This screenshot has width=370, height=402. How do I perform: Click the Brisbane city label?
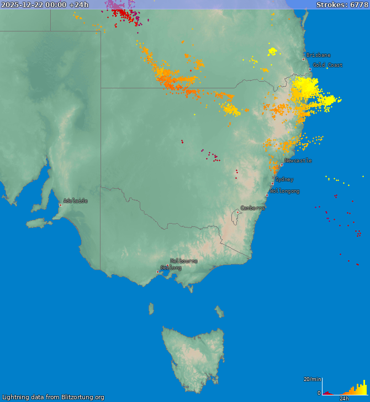click(x=319, y=55)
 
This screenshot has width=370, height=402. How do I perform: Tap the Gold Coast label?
click(x=327, y=65)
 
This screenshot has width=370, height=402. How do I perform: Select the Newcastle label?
click(x=298, y=161)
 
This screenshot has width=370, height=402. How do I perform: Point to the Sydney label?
click(x=284, y=179)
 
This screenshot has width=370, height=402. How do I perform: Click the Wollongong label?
click(x=285, y=191)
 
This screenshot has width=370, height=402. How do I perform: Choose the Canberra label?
click(x=252, y=208)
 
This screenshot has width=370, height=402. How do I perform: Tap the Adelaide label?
click(x=75, y=201)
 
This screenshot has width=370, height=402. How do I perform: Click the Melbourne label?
click(x=183, y=261)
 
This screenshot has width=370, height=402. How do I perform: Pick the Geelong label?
click(x=171, y=268)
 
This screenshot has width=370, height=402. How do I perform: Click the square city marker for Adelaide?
click(x=60, y=205)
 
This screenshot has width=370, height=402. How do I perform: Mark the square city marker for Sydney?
click(x=272, y=183)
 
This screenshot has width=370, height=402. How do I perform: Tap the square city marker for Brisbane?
click(x=303, y=59)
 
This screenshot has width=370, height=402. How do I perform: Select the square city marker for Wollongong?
click(x=267, y=195)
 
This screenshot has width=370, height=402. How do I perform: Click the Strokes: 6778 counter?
click(x=342, y=5)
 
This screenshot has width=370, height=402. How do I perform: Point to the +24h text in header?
click(x=79, y=5)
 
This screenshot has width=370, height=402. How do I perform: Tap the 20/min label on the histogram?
click(x=312, y=379)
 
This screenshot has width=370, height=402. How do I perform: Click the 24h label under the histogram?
click(x=344, y=398)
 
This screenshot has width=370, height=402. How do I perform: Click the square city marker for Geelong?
click(x=158, y=272)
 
